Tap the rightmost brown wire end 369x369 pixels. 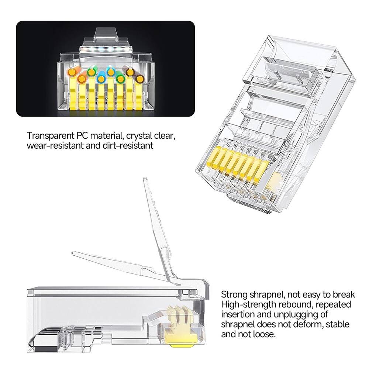(x=139, y=79)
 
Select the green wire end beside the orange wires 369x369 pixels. (x=91, y=72)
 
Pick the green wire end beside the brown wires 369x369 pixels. (x=120, y=78)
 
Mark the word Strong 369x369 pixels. (x=234, y=295)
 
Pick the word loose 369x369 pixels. (x=264, y=334)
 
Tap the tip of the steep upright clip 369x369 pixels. (x=145, y=179)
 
